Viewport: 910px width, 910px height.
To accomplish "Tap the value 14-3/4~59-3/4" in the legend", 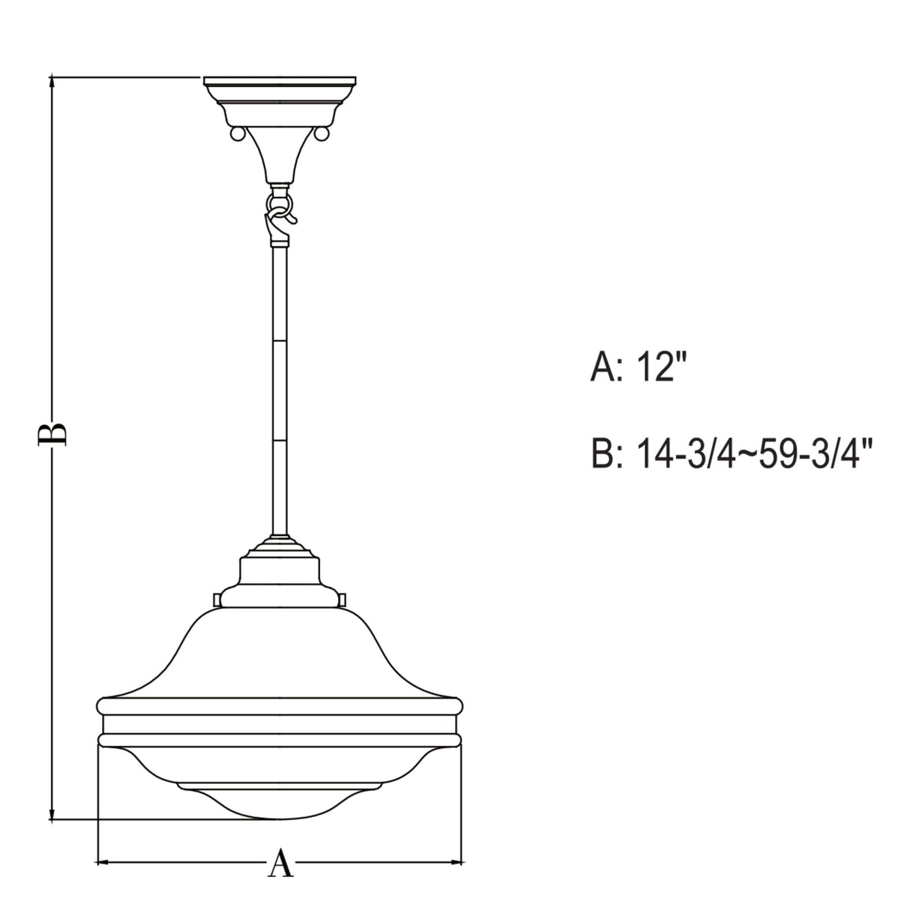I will click(x=754, y=454).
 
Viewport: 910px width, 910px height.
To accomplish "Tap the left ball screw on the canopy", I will click(x=237, y=133).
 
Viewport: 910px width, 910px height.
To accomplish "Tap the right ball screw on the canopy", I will click(x=323, y=133).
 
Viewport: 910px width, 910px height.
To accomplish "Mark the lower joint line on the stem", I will click(x=280, y=440).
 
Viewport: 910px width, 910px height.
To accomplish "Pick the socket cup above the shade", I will click(x=280, y=573).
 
